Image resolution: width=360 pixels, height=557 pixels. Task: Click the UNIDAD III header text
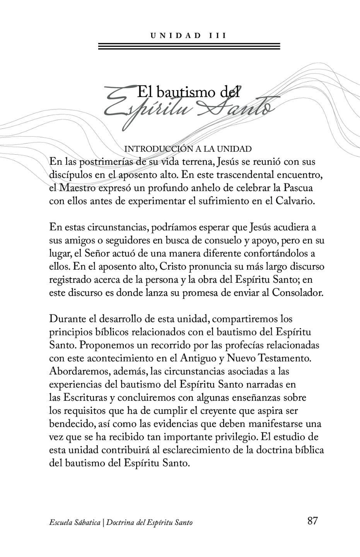[188, 36]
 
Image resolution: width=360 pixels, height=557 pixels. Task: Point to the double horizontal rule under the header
[189, 46]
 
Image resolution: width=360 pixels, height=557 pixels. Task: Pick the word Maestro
[77, 188]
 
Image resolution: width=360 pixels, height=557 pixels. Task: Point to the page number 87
[312, 521]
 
